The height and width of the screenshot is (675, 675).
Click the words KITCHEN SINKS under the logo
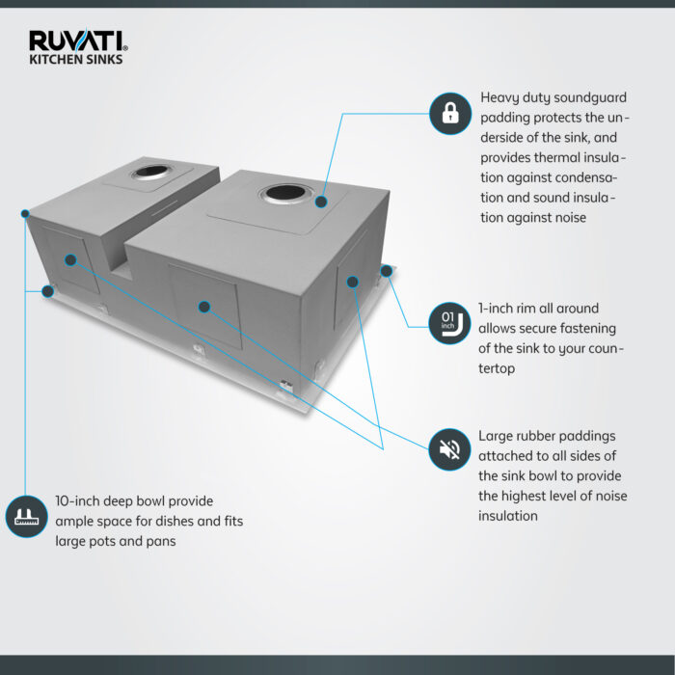click(75, 59)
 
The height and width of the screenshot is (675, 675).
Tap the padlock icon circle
click(449, 113)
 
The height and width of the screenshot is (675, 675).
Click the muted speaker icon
click(449, 448)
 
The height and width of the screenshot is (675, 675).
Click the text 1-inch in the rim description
click(499, 309)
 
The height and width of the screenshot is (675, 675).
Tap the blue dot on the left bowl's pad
click(70, 259)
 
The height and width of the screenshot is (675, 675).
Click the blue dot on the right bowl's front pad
click(203, 307)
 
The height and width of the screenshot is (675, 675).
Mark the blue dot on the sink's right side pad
click(353, 282)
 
